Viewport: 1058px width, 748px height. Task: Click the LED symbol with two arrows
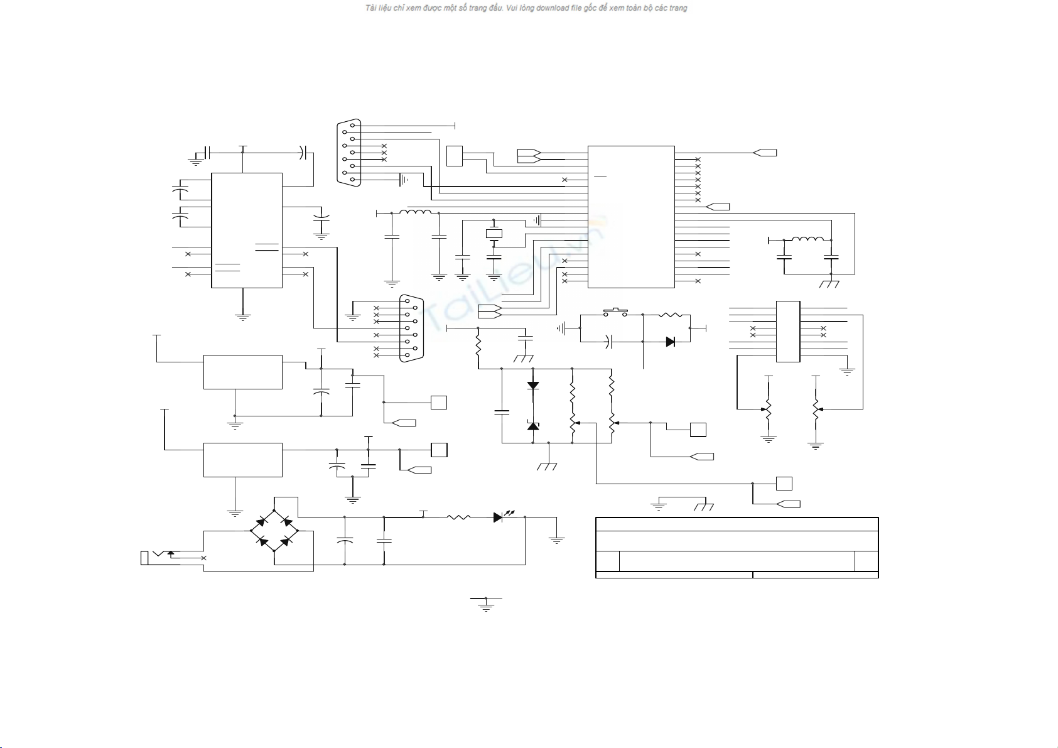point(499,518)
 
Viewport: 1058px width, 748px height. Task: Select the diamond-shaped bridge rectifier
point(274,531)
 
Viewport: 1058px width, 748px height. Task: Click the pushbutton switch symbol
point(615,311)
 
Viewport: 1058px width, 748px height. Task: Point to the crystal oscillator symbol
point(494,234)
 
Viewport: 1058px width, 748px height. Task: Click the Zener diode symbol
point(533,426)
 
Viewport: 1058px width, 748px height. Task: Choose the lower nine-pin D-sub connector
point(412,328)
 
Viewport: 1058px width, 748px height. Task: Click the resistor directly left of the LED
point(458,518)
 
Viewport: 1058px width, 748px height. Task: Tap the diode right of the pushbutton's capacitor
point(670,342)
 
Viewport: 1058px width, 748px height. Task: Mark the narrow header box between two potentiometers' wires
point(788,332)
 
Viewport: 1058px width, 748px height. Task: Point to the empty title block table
point(737,547)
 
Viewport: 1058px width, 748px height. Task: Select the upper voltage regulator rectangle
point(242,372)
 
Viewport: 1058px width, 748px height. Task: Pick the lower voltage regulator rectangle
point(242,460)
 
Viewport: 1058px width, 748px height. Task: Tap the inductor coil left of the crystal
point(415,212)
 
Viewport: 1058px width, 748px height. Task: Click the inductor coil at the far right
point(807,239)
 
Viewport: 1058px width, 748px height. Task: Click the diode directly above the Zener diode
point(533,386)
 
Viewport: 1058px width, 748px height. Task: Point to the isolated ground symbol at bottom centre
point(485,604)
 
